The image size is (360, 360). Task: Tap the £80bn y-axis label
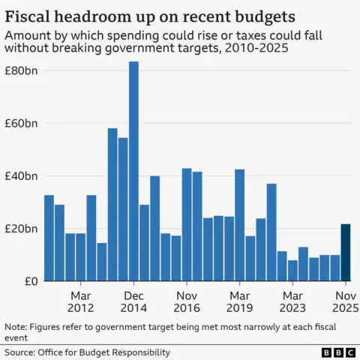(x=22, y=70)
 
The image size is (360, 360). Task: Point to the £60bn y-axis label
(x=22, y=123)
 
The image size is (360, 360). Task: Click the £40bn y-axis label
(x=22, y=175)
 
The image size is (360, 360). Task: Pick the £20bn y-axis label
(x=22, y=229)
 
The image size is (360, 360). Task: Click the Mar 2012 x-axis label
(x=80, y=301)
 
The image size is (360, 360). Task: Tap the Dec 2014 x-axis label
(x=133, y=301)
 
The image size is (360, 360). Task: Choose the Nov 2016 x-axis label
(x=187, y=301)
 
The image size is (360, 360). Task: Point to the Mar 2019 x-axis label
(x=239, y=301)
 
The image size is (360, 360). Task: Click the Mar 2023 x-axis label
(x=292, y=301)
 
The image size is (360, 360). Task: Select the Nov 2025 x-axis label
(x=345, y=301)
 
